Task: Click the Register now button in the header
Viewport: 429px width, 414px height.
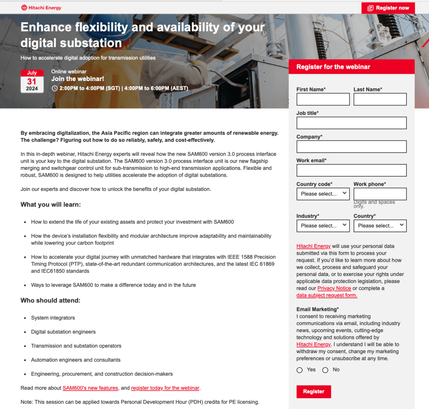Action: click(x=388, y=8)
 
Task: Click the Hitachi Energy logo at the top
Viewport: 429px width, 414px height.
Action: click(x=41, y=8)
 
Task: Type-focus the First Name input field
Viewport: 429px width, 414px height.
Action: click(x=323, y=99)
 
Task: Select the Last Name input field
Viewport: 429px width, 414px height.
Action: click(x=380, y=99)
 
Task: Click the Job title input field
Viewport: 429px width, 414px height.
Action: click(x=351, y=123)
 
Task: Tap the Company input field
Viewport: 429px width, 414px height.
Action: click(x=351, y=147)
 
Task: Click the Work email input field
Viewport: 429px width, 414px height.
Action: click(x=351, y=170)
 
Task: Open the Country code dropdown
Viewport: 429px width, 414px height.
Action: click(x=323, y=194)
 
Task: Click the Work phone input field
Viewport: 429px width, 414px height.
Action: click(x=380, y=194)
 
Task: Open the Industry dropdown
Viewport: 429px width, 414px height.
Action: click(x=323, y=226)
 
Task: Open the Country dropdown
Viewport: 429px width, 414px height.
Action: click(x=380, y=226)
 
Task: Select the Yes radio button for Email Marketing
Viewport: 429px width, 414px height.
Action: click(x=299, y=370)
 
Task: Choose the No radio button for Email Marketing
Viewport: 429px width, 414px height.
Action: click(x=325, y=370)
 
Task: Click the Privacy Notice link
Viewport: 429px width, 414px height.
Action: click(x=334, y=288)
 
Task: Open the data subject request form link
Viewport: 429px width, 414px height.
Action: click(x=327, y=295)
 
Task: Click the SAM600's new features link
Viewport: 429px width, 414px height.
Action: click(x=90, y=388)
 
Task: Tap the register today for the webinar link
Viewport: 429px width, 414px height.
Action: click(x=165, y=388)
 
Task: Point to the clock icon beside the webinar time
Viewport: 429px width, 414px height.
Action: click(x=55, y=89)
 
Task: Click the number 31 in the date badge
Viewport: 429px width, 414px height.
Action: click(x=32, y=81)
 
